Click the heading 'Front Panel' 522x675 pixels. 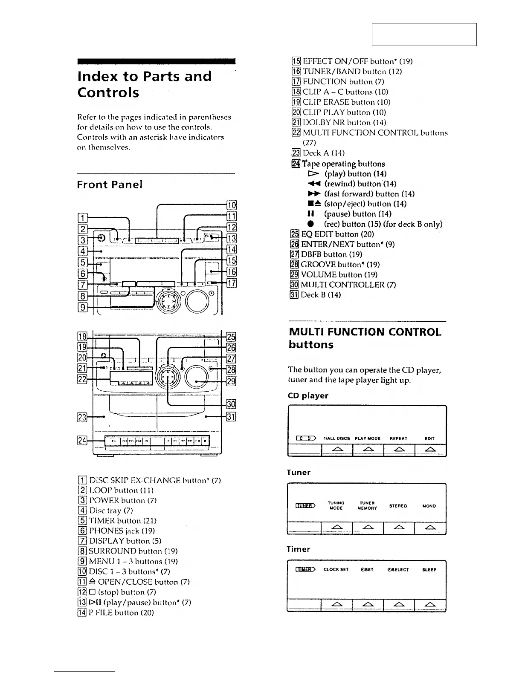tap(110, 185)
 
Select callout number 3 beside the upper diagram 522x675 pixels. tap(83, 239)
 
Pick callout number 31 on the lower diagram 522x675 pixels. tap(231, 417)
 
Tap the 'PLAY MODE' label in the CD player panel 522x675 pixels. tap(367, 438)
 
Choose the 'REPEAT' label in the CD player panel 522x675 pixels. tap(398, 438)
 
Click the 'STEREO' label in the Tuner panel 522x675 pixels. tap(398, 506)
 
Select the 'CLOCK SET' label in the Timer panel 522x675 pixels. tap(336, 569)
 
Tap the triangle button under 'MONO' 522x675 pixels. tap(430, 528)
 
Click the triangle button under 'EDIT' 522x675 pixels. tap(430, 450)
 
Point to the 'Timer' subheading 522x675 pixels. tap(299, 549)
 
